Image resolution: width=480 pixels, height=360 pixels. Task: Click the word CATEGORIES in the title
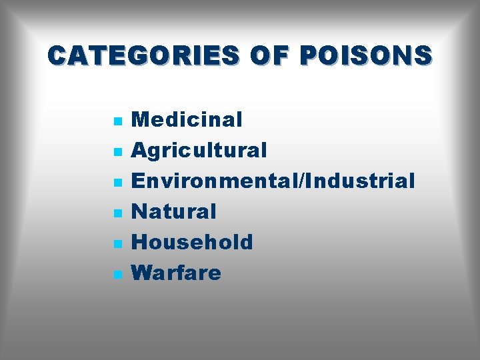tap(143, 55)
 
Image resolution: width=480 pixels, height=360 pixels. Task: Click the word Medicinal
tap(187, 120)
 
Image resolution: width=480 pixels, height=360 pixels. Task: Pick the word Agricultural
tap(199, 151)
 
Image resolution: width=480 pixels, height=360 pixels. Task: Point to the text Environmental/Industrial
tap(273, 181)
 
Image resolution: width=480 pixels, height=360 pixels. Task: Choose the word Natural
tap(174, 212)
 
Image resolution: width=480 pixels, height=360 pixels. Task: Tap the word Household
tap(192, 242)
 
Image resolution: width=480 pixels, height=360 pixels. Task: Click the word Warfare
tap(176, 273)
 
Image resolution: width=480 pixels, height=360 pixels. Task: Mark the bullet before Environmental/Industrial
tap(117, 183)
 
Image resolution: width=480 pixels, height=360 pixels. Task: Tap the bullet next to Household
tap(117, 244)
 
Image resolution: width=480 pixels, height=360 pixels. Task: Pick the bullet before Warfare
tap(117, 275)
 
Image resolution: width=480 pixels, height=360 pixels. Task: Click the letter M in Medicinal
tap(141, 120)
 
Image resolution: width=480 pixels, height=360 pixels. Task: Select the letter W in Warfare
tap(143, 273)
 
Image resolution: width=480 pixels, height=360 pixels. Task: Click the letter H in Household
tap(139, 242)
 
